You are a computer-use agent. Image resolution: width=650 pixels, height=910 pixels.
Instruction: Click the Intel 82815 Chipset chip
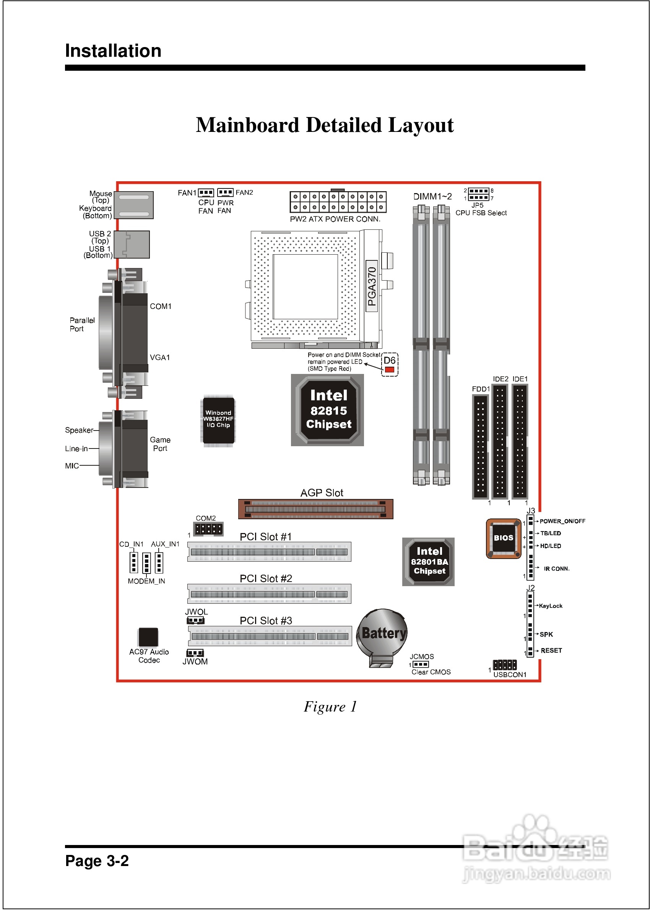point(327,410)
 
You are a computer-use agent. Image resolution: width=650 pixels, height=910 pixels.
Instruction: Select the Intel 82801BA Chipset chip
point(428,561)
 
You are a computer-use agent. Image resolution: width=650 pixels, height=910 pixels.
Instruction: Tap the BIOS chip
point(503,538)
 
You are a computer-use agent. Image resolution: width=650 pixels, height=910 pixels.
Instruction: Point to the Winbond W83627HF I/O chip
point(218,420)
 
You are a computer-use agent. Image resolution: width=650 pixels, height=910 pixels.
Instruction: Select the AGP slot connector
point(315,509)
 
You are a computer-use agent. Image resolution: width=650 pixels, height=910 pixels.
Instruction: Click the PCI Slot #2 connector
point(269,594)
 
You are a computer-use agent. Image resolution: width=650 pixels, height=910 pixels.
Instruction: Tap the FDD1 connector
point(480,447)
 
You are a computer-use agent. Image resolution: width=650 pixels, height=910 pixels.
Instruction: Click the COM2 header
point(208,529)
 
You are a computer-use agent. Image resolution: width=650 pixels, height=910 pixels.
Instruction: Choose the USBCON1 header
point(504,665)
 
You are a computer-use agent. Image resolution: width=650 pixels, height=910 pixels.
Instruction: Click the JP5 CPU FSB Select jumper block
point(478,194)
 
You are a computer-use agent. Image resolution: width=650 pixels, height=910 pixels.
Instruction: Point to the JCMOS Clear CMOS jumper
point(420,664)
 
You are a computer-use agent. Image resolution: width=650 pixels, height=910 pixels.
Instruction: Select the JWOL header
point(195,620)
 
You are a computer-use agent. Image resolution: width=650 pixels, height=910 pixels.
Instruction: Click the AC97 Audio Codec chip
point(148,637)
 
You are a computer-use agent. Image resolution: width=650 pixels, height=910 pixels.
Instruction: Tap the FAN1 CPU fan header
point(206,192)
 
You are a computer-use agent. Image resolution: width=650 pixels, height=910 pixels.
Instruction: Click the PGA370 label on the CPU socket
point(372,286)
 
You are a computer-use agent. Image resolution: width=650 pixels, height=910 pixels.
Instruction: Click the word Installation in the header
point(113,51)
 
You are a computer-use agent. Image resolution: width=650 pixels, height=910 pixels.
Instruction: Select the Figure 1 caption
point(330,707)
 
